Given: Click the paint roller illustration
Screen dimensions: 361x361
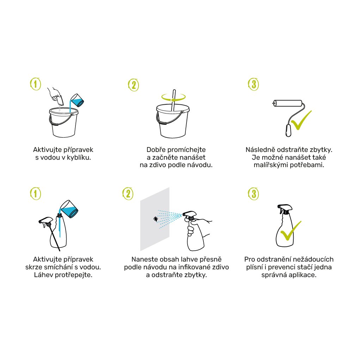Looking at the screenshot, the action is [x=288, y=103].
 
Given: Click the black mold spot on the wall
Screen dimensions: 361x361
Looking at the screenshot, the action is [x=155, y=219].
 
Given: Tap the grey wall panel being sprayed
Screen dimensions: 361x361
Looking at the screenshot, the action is [x=155, y=219].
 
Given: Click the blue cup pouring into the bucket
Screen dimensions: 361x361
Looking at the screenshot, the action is [x=77, y=100].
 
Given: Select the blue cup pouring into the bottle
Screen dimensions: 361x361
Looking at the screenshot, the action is [x=69, y=209].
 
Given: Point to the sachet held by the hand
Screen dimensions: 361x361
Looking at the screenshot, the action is [x=59, y=100].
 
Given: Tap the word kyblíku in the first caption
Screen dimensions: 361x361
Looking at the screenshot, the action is [x=79, y=158].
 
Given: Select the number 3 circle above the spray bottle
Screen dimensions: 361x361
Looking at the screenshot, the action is [x=253, y=194].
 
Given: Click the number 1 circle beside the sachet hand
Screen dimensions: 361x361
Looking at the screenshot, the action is [x=36, y=84].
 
